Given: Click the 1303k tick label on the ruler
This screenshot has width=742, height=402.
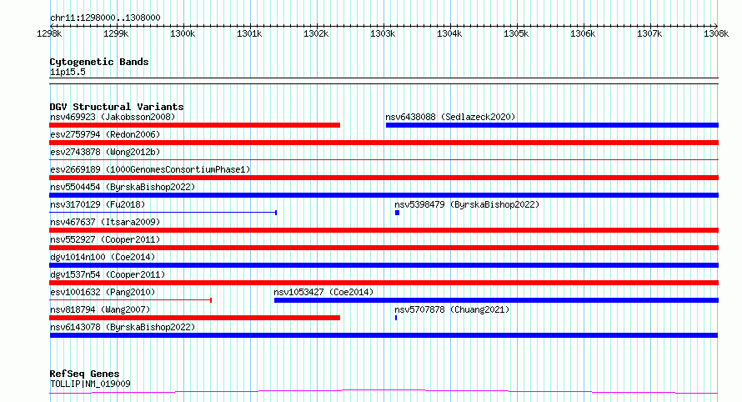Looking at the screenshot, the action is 383,34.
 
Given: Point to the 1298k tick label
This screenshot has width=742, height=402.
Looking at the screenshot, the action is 49,34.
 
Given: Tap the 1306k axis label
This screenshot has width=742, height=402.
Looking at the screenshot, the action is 583,34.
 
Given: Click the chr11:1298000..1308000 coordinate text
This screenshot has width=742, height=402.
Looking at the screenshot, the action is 105,18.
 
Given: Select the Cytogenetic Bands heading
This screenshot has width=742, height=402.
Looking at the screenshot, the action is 99,62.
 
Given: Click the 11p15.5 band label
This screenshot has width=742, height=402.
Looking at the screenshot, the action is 68,72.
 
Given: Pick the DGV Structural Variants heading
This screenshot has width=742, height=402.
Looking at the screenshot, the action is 117,107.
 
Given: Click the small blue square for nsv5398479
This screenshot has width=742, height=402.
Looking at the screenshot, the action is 398,213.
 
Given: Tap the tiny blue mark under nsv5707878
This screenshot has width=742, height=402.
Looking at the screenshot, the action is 396,318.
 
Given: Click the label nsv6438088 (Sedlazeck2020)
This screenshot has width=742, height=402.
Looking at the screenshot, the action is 450,117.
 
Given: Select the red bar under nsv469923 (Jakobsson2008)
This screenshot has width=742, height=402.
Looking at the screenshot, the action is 194,125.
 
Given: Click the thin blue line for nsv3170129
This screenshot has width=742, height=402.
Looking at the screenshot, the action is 163,213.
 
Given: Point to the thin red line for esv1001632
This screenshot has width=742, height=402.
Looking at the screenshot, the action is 130,300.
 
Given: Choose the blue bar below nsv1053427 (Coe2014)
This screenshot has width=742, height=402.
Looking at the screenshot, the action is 496,300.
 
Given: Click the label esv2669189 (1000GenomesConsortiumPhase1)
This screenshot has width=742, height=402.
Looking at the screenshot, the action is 150,169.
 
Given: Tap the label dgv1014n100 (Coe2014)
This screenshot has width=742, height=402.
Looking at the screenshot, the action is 103,257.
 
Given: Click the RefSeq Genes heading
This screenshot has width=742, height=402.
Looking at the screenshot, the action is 84,374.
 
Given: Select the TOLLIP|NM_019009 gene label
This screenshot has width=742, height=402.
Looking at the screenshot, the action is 90,384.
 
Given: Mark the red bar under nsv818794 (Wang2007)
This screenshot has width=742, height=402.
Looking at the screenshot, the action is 194,318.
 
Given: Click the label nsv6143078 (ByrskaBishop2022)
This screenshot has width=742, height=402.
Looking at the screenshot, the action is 123,327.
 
